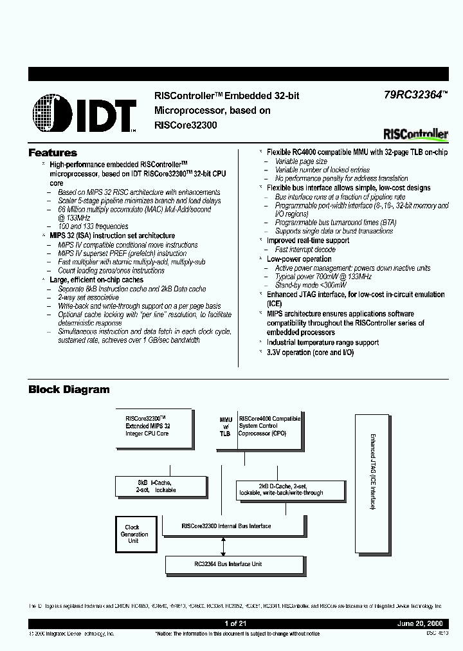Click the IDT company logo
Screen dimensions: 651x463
coord(84,113)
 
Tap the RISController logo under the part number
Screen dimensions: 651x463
coord(415,134)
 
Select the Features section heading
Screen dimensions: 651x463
coord(53,153)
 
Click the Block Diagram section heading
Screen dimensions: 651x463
coord(69,389)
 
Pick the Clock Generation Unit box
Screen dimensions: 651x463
coord(134,534)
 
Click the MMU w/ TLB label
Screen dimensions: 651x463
coord(225,426)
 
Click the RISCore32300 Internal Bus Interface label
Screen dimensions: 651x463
coord(226,526)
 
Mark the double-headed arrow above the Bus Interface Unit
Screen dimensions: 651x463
coord(223,546)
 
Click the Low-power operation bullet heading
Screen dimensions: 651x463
coord(299,259)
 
